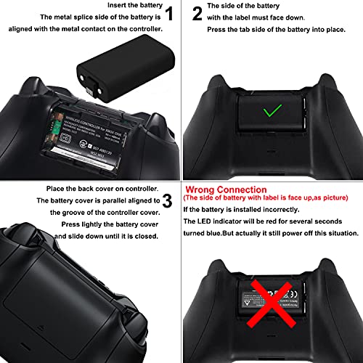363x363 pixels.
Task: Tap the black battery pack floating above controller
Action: point(104,76)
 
